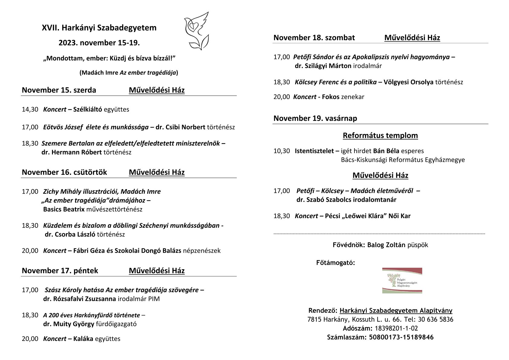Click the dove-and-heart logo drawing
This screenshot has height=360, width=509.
196,31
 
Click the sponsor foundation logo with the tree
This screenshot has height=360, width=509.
402,280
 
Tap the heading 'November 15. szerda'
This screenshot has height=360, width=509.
59,90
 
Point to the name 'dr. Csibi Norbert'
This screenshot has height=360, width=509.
180,127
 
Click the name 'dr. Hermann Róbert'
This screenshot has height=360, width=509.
71,152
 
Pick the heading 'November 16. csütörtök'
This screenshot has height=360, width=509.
64,172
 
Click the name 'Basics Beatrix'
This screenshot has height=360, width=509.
64,209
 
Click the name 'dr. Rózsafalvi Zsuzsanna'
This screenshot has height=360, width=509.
79,299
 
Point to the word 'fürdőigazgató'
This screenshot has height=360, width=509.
116,324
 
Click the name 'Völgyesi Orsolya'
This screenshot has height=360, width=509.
408,82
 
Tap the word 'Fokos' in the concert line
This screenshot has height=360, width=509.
331,97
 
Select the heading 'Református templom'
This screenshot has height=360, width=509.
380,135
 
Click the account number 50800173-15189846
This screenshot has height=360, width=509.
401,337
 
